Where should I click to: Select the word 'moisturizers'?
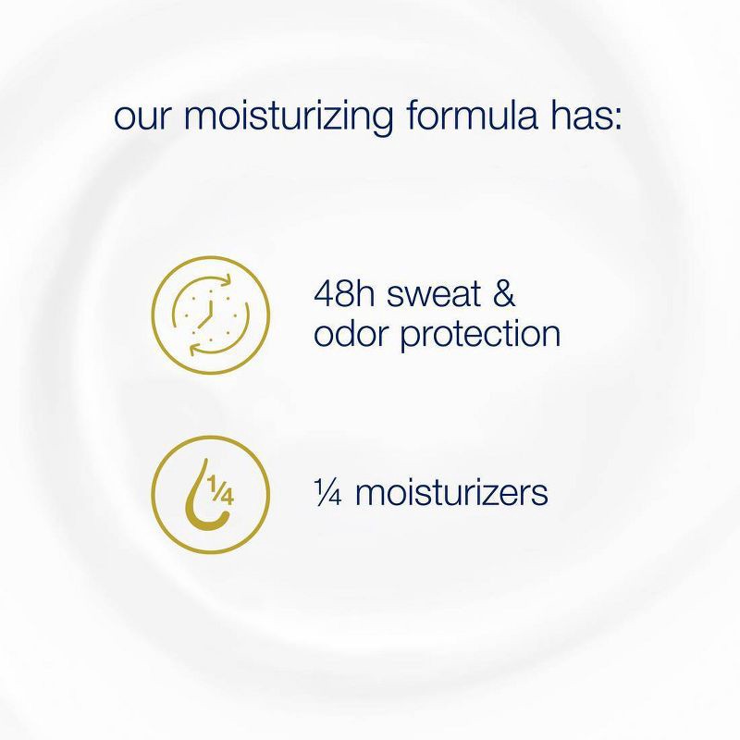[x=451, y=492]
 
